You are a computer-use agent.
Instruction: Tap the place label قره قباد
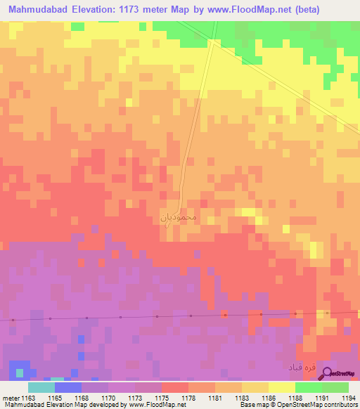(x=300, y=368)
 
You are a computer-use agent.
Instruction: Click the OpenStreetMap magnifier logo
(x=327, y=373)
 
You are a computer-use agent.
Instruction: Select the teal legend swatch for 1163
(x=41, y=387)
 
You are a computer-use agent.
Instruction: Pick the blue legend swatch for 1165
(x=68, y=387)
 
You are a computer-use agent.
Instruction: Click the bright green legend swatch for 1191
(x=309, y=387)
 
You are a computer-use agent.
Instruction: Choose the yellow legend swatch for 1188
(x=282, y=387)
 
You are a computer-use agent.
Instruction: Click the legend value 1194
(x=347, y=398)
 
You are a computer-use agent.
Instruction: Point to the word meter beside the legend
(x=11, y=398)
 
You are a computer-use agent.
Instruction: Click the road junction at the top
(x=212, y=42)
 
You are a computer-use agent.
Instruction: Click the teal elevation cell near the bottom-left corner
(x=19, y=372)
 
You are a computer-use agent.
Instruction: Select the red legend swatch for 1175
(x=175, y=387)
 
